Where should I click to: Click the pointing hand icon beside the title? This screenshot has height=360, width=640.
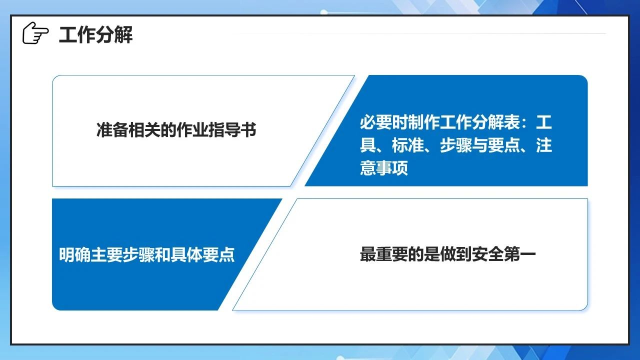35,33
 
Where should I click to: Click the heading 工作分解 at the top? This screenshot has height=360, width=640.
95,35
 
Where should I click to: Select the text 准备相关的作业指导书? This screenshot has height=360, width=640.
176,130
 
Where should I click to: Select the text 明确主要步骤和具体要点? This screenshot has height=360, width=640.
147,254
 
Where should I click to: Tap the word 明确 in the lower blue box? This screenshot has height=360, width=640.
75,254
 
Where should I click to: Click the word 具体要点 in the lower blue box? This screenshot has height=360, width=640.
203,254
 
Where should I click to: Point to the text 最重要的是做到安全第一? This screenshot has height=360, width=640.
447,254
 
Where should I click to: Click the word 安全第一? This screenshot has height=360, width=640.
503,254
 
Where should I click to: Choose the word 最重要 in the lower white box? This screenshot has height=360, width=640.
383,254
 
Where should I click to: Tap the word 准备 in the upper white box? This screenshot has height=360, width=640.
112,130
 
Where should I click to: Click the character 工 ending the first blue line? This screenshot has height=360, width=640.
543,122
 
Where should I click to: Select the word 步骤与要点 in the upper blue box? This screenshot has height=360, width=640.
480,145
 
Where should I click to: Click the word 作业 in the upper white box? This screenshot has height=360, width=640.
192,130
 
